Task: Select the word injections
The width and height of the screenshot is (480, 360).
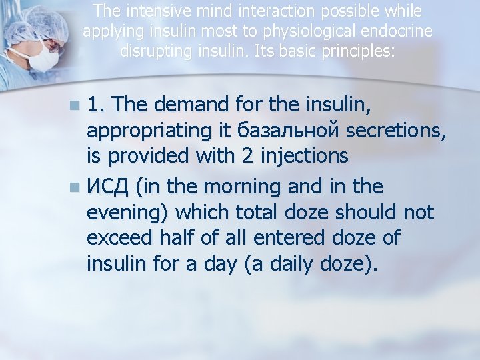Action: [305, 156]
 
